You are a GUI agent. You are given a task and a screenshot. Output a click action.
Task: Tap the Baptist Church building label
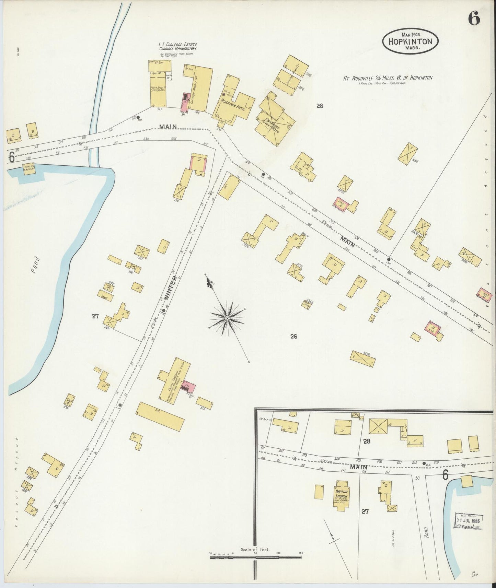pyautogui.click(x=342, y=495)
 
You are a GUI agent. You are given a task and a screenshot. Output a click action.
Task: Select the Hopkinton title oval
pyautogui.click(x=410, y=40)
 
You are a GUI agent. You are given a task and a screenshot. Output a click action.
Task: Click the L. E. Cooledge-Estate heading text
pyautogui.click(x=177, y=45)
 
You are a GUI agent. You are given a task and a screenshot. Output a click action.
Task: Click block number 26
pyautogui.click(x=293, y=337)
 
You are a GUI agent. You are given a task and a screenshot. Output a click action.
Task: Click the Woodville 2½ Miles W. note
pyautogui.click(x=388, y=78)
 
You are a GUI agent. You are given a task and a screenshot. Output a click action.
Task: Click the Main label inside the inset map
pyautogui.click(x=359, y=467)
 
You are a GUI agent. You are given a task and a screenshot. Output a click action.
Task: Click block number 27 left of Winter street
pyautogui.click(x=95, y=316)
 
